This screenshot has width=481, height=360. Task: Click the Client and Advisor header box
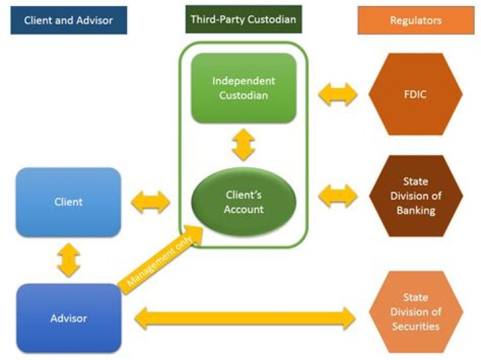click(x=68, y=20)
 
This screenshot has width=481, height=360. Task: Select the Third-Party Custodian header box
click(x=244, y=20)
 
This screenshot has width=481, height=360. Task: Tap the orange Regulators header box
click(x=416, y=20)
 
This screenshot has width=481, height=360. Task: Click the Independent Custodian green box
click(x=243, y=87)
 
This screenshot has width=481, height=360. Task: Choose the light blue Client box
click(x=68, y=201)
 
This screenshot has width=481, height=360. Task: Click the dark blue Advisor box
click(x=68, y=318)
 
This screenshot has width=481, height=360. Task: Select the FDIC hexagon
click(x=416, y=94)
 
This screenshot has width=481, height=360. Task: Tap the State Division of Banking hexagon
click(x=416, y=196)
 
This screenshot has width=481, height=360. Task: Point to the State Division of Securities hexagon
click(x=416, y=312)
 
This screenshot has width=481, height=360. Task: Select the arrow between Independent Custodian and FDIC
click(x=337, y=94)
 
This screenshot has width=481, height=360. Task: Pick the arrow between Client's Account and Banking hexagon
click(x=337, y=196)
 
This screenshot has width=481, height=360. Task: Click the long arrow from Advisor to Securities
click(x=245, y=319)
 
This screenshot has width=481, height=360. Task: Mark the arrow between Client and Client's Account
click(x=151, y=202)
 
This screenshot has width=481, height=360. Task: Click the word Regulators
click(x=416, y=20)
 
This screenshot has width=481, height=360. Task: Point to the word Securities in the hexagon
click(x=416, y=327)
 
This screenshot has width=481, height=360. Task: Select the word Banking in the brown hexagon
click(x=416, y=211)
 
